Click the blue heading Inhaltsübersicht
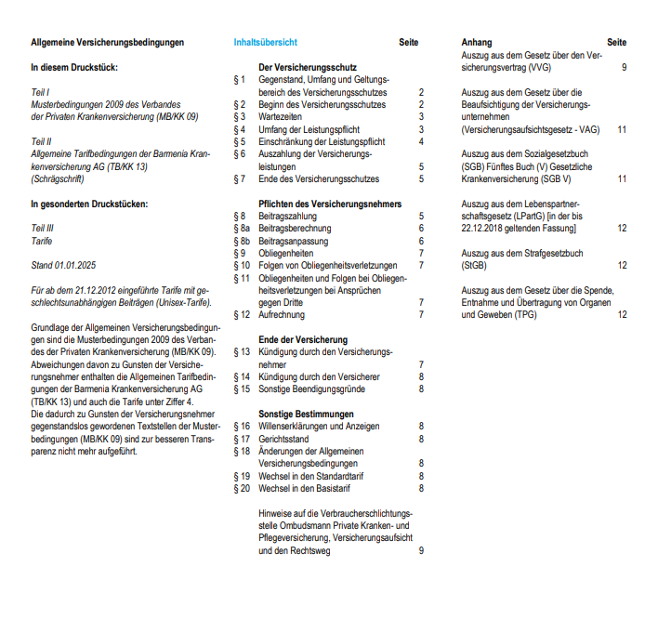coord(265,43)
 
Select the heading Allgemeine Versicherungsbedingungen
coord(108,43)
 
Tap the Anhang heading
coord(477,43)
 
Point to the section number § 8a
coord(241,228)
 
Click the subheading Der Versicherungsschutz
coord(308,68)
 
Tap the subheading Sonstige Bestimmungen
coord(306,414)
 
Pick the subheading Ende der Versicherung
coord(303,339)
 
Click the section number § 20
coord(241,488)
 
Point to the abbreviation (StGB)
coord(477,265)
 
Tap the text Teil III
coord(42,228)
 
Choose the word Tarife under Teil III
coord(42,240)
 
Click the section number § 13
coord(241,352)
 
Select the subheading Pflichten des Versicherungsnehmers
coord(330,204)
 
